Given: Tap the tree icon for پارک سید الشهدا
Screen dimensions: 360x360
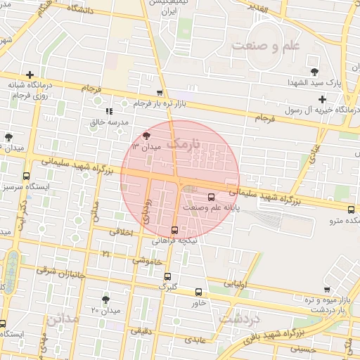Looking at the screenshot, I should [x=314, y=72].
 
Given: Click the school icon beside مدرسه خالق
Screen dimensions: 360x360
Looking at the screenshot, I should [x=109, y=111].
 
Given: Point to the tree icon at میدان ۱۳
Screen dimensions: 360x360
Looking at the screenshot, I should [x=146, y=135].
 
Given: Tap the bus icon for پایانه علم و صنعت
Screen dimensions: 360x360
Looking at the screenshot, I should [x=212, y=197].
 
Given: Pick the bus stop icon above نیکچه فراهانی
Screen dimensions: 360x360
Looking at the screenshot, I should [x=174, y=230].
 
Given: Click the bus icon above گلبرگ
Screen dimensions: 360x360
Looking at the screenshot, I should [x=167, y=276].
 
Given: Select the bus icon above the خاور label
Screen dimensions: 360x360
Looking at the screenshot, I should [x=199, y=292].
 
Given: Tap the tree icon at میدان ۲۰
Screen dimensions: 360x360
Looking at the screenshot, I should [x=106, y=299].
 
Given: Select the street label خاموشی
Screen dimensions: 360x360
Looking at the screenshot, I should [x=146, y=261].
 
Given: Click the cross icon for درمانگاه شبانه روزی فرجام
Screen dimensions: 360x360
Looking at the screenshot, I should [x=30, y=75].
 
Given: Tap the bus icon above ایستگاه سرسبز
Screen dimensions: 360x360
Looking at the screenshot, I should [x=27, y=176].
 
